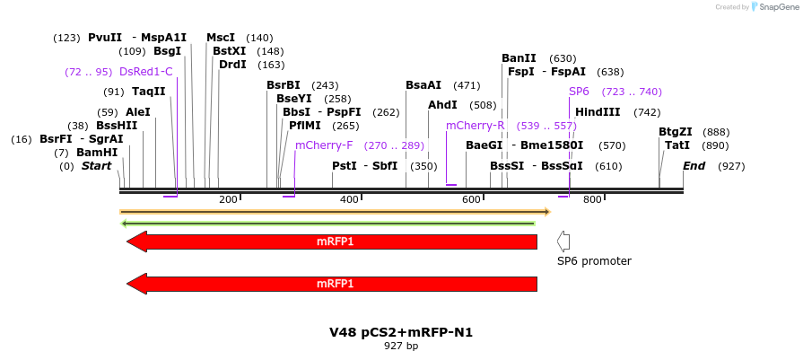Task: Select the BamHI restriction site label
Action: (x=97, y=153)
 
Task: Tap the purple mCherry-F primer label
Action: (x=324, y=145)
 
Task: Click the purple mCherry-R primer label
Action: (x=475, y=126)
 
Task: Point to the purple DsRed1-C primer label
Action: (x=145, y=72)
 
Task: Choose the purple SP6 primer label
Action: (x=579, y=92)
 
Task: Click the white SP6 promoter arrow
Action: (x=563, y=241)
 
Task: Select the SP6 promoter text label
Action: (x=594, y=261)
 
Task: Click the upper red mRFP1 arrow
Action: (x=332, y=241)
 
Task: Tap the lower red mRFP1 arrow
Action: (x=332, y=284)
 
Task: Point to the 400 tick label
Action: (x=348, y=199)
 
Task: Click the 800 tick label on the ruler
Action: (x=592, y=199)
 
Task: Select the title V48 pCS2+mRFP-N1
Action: (x=401, y=332)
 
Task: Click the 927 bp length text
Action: (x=401, y=346)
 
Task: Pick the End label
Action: (x=694, y=166)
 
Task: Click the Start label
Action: (x=96, y=166)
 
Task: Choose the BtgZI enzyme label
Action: (x=676, y=132)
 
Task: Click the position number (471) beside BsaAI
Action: (x=467, y=85)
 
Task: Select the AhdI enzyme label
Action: (x=442, y=105)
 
